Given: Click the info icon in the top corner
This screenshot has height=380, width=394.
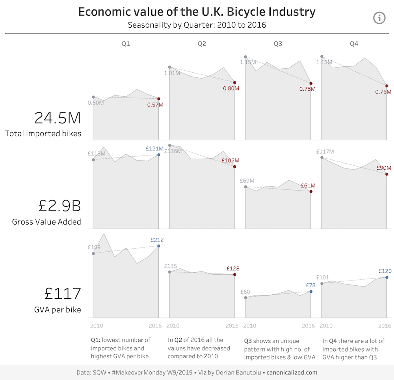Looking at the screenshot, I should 379,17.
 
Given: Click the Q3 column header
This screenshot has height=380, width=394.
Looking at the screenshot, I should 278,44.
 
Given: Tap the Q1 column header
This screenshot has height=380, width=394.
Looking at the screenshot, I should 126,44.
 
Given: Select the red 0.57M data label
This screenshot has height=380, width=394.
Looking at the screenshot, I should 155,105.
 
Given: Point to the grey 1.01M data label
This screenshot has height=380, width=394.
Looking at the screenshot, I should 172,73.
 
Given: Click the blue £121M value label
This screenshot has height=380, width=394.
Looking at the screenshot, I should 154,149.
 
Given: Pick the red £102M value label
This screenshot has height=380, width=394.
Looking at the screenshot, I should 230,161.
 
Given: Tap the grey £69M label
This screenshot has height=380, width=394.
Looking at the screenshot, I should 247,181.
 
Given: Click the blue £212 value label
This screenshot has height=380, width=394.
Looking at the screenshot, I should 157,240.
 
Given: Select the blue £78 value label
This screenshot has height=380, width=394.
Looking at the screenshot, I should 311,285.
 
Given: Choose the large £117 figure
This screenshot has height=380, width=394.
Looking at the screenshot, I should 63,294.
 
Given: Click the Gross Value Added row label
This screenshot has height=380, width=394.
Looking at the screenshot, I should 46,222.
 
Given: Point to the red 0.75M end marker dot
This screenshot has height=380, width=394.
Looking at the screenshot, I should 387,86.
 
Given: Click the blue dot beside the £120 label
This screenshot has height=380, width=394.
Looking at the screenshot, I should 387,277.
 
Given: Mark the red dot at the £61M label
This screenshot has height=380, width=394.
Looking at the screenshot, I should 311,192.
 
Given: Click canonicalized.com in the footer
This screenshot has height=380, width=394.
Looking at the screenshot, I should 292,372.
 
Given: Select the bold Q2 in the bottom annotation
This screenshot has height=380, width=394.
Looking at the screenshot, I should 179,340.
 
